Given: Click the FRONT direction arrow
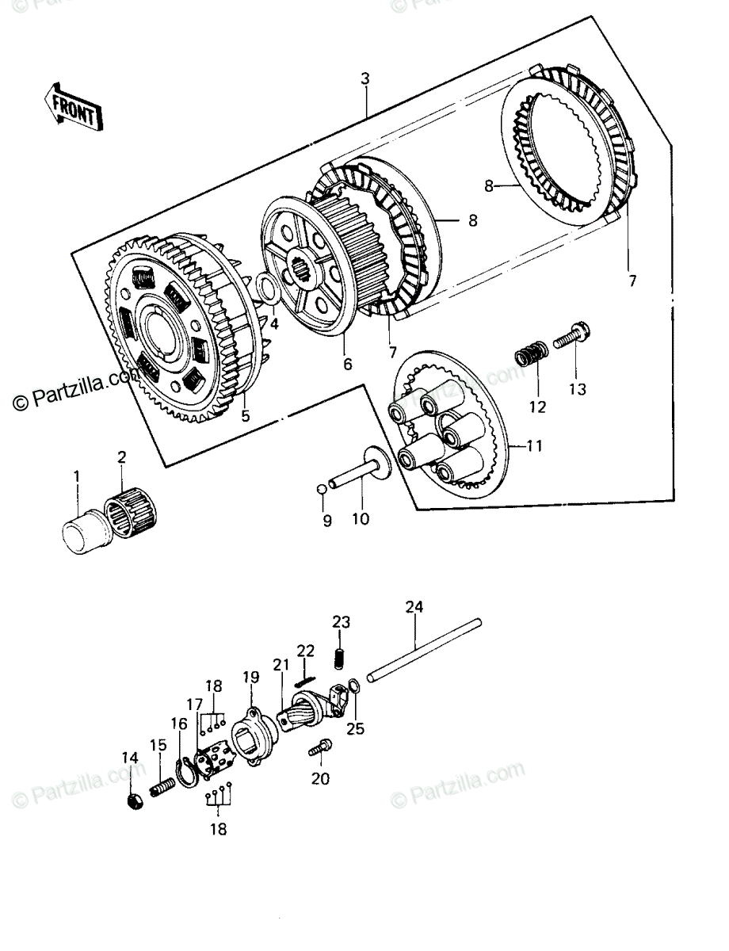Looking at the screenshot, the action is click(74, 106).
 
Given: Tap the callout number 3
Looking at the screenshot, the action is click(365, 78).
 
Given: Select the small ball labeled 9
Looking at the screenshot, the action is click(322, 489).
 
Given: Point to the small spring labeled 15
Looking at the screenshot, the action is click(162, 789).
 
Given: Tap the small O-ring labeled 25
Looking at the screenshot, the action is click(355, 686).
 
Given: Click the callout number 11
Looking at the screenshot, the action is click(534, 446).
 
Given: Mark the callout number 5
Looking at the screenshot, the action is click(246, 416).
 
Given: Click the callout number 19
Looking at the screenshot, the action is click(251, 677).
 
